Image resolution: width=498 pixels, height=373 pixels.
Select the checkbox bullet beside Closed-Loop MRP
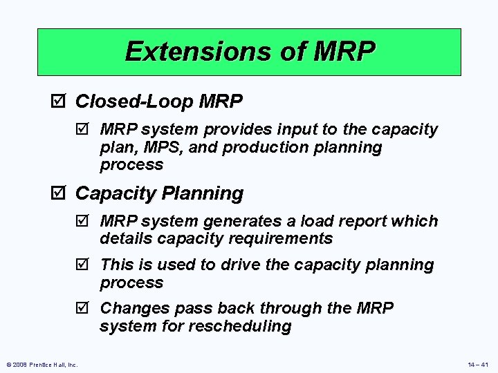(60, 102)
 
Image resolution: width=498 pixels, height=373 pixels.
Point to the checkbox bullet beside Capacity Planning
(60, 193)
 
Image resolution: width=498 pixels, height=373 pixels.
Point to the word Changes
(131, 309)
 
